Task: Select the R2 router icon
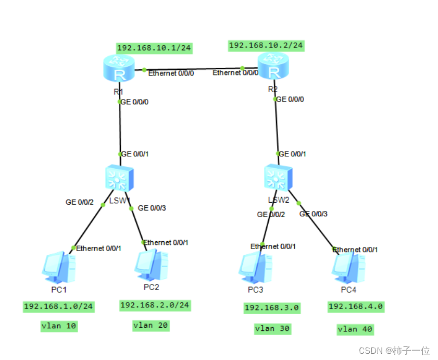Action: pyautogui.click(x=273, y=69)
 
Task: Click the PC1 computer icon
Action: pyautogui.click(x=58, y=266)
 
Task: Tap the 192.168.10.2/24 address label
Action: pyautogui.click(x=266, y=45)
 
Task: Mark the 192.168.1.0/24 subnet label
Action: pyautogui.click(x=58, y=306)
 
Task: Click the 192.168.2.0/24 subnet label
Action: pyautogui.click(x=155, y=305)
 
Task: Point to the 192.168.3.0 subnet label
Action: pyautogui.click(x=272, y=308)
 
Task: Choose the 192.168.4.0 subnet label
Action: pyautogui.click(x=356, y=307)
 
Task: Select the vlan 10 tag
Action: pyautogui.click(x=59, y=327)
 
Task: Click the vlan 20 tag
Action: pyautogui.click(x=151, y=325)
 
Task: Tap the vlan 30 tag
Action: pyautogui.click(x=272, y=329)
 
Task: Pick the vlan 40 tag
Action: pyautogui.click(x=355, y=329)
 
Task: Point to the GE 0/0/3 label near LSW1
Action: pyautogui.click(x=152, y=208)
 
